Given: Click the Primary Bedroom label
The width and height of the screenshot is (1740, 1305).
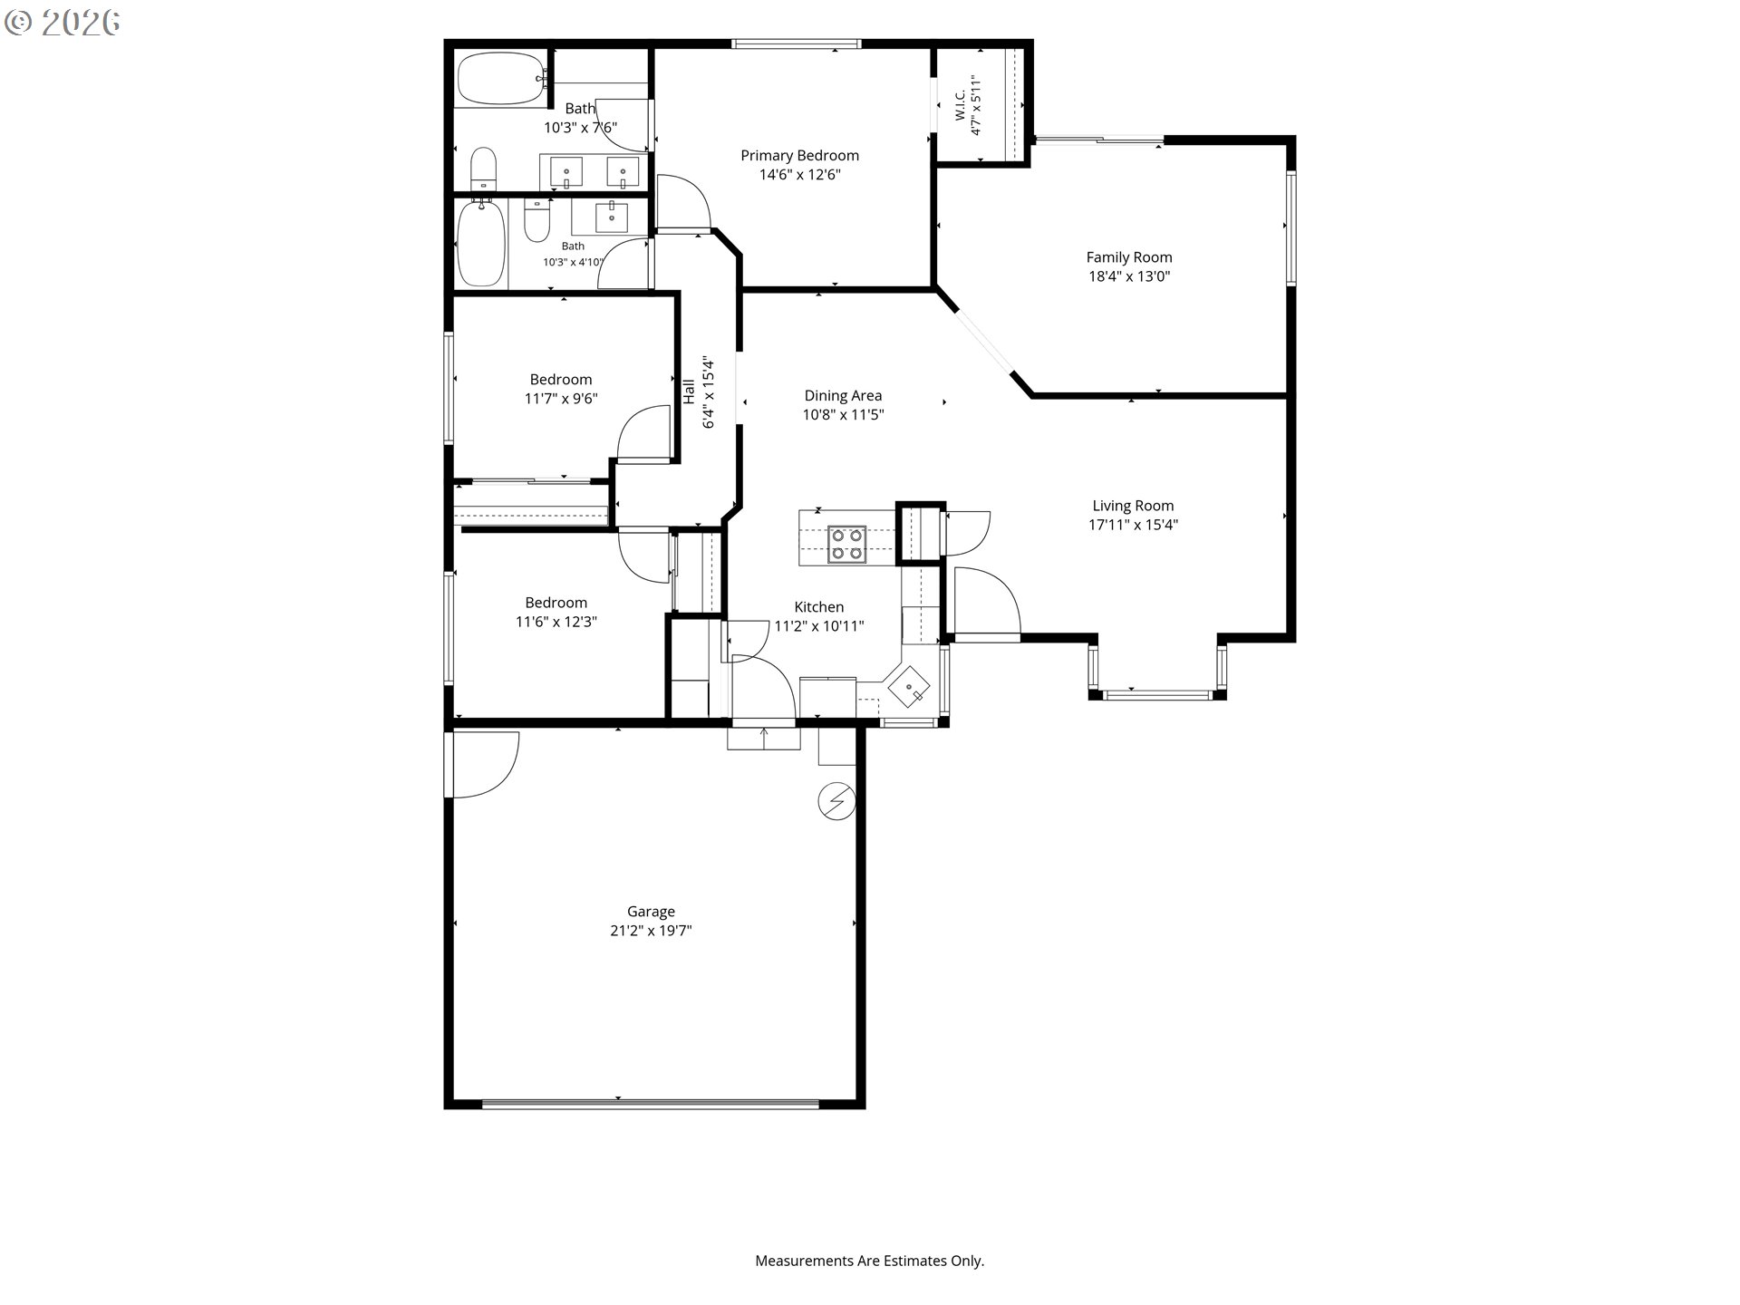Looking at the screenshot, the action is pyautogui.click(x=799, y=155).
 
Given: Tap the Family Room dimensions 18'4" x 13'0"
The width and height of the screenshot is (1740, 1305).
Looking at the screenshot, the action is pyautogui.click(x=1129, y=276).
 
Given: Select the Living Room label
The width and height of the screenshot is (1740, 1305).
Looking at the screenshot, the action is pyautogui.click(x=1133, y=506).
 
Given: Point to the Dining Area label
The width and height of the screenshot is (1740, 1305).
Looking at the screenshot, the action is pyautogui.click(x=843, y=395).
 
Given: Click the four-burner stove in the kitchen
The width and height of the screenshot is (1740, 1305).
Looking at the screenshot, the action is pyautogui.click(x=846, y=544).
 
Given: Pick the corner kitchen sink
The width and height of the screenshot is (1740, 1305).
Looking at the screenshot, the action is pyautogui.click(x=909, y=687).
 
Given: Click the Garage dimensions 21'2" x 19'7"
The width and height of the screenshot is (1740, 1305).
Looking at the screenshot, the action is pyautogui.click(x=651, y=931).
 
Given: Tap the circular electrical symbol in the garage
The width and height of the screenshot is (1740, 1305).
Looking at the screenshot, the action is pyautogui.click(x=836, y=801).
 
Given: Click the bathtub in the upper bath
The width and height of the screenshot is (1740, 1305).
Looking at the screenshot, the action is pyautogui.click(x=501, y=79).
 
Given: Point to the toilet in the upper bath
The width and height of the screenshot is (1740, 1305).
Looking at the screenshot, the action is pyautogui.click(x=484, y=169).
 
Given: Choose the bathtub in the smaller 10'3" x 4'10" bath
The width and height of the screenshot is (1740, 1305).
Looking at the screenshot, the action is pyautogui.click(x=481, y=243).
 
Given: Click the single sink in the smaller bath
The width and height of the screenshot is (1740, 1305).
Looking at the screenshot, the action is pyautogui.click(x=612, y=217).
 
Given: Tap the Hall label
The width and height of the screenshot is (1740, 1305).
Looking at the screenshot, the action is pyautogui.click(x=689, y=391).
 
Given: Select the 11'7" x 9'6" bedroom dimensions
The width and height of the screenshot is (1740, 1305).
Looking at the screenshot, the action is pyautogui.click(x=561, y=398).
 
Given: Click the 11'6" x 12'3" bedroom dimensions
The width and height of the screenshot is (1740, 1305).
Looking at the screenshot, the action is pyautogui.click(x=556, y=622).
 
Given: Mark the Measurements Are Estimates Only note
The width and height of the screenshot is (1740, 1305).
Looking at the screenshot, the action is pyautogui.click(x=870, y=1261).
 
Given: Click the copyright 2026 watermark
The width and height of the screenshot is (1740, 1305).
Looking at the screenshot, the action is pyautogui.click(x=63, y=23).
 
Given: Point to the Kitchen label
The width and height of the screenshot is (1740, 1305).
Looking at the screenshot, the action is pyautogui.click(x=819, y=607).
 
